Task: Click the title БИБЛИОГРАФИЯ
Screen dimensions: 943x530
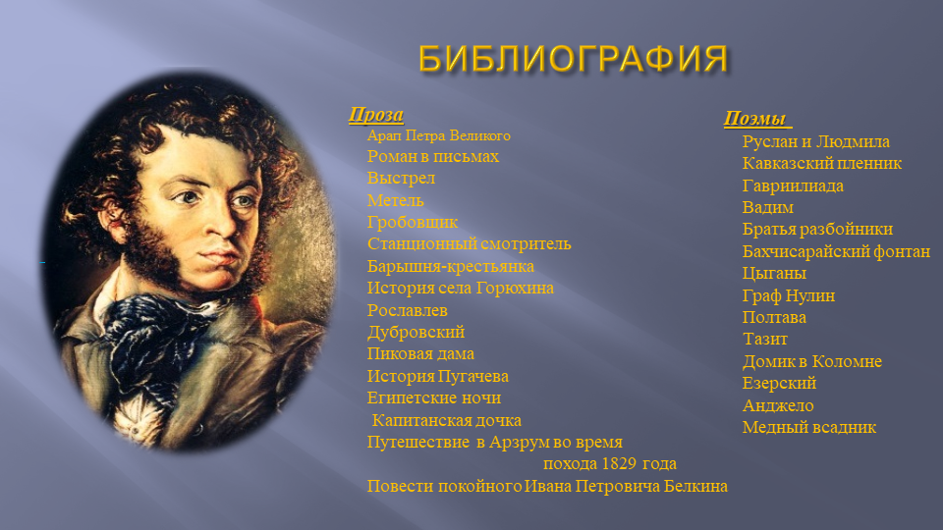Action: tap(573, 59)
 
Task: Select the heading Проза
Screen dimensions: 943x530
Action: tap(376, 114)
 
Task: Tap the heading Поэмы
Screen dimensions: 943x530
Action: tap(755, 119)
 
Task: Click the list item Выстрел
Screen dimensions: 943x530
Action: tap(401, 179)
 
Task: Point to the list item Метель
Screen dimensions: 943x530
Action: tap(395, 200)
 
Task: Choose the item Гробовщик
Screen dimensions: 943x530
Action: tap(413, 223)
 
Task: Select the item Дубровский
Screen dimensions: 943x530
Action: tap(416, 333)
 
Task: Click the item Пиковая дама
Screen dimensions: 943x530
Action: tap(420, 354)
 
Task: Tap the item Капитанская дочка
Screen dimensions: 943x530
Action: tap(446, 420)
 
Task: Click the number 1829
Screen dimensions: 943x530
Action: tap(620, 464)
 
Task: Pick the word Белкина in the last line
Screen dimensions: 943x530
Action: tap(695, 486)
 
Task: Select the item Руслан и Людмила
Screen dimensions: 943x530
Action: tap(815, 141)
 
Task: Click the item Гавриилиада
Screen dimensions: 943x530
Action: tap(793, 185)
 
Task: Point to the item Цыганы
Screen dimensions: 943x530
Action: tap(774, 274)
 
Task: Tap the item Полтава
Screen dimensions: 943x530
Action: tap(774, 317)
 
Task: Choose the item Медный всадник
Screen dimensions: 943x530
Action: tap(808, 427)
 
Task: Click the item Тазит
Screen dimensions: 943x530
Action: tap(765, 339)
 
